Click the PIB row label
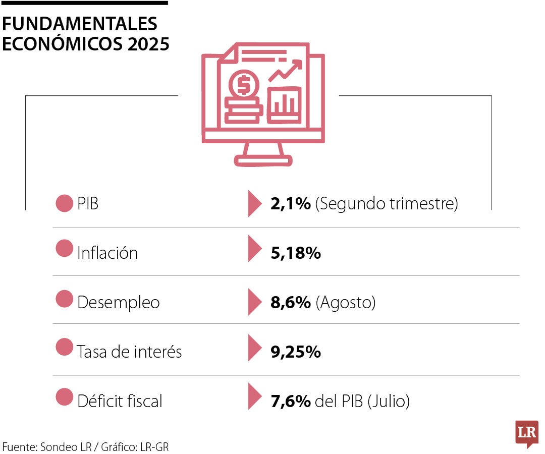(x=88, y=204)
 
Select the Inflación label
(x=107, y=252)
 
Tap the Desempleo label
(x=118, y=302)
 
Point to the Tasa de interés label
(x=129, y=351)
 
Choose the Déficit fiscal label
(x=120, y=401)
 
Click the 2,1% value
(x=290, y=204)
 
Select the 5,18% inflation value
(x=296, y=253)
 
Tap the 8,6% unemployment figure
(x=290, y=303)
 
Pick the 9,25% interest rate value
(x=296, y=352)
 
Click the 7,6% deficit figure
(x=290, y=402)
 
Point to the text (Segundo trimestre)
(x=387, y=204)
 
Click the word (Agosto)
(x=346, y=303)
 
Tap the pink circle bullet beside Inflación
(x=64, y=249)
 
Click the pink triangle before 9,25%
(x=254, y=349)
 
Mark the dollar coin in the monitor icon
(x=244, y=85)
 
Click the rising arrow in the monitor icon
(x=286, y=70)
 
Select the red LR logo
(x=526, y=433)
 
